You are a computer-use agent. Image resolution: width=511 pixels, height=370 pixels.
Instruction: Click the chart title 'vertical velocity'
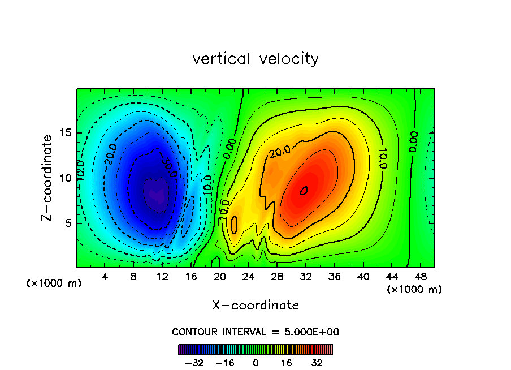(255, 59)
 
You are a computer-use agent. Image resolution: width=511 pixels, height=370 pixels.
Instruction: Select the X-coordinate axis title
(255, 306)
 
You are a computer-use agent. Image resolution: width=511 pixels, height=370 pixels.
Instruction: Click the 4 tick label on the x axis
(105, 277)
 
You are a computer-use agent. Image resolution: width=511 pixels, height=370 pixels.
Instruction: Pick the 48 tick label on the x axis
(421, 277)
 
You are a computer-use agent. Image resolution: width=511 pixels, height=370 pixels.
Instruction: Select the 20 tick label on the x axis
(220, 277)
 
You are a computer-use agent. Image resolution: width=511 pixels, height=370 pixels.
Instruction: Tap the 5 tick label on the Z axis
(66, 223)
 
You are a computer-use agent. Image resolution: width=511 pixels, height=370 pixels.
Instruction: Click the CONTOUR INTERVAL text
(255, 332)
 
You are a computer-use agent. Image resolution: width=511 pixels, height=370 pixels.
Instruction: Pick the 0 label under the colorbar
(255, 363)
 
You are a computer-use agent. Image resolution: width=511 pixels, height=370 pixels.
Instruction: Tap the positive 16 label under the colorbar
(286, 363)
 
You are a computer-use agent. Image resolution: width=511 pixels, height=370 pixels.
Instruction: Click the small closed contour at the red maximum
(304, 191)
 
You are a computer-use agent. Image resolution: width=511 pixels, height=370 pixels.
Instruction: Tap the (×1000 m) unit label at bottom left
(54, 283)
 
